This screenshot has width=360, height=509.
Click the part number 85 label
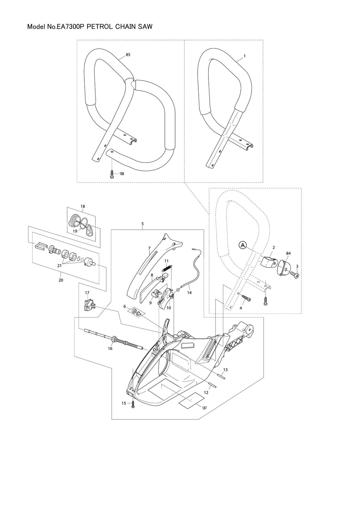[128, 55]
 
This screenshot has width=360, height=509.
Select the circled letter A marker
[243, 246]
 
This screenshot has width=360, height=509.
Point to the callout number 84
[289, 253]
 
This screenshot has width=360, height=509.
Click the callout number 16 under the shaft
[110, 348]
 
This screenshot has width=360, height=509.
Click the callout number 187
[204, 407]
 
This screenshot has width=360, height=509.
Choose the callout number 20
[61, 280]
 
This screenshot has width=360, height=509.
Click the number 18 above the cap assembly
[83, 206]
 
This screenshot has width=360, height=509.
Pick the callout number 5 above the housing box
[142, 223]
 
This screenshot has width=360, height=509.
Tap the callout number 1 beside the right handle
[244, 56]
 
